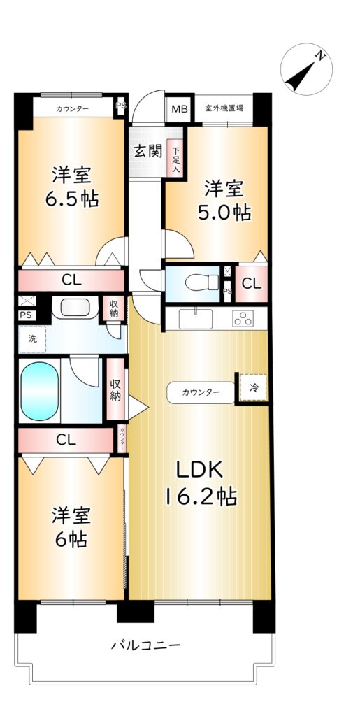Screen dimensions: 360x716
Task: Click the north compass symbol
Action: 306,69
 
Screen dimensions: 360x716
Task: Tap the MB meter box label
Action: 180,109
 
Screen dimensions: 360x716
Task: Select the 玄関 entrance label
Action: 147,151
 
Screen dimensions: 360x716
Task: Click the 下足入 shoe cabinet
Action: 176,157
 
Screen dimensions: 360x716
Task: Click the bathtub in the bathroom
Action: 40,391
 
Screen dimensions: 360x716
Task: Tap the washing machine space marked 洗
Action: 32,339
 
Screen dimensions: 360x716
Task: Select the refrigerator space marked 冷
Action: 253,387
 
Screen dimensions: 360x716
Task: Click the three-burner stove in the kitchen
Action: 243,318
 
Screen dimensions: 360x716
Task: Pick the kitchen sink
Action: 195,319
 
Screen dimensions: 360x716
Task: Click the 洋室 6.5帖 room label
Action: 71,187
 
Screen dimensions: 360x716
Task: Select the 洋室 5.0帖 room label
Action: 224,201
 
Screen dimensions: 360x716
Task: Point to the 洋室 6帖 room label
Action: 71,527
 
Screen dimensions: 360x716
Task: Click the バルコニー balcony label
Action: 146,645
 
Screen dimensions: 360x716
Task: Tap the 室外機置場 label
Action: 224,108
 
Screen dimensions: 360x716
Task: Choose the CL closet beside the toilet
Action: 252,284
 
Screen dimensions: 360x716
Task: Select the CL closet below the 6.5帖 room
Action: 71,280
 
